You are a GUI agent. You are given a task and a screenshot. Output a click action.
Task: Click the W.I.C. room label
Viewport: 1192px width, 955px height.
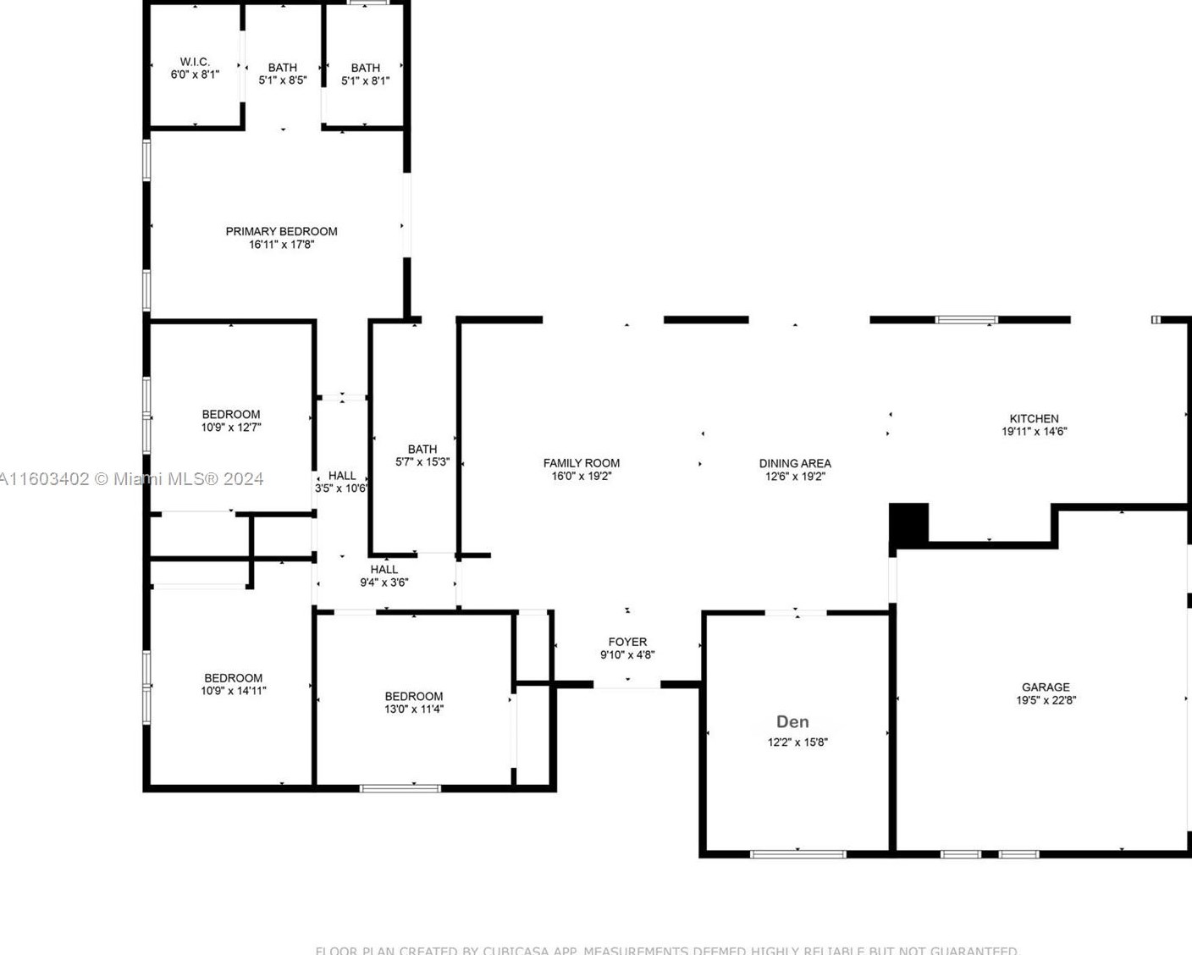[195, 62]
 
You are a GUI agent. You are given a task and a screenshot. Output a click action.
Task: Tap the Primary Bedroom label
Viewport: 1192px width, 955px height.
[281, 231]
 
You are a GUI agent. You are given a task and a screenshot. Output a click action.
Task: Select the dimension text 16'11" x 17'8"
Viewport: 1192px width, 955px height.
[281, 245]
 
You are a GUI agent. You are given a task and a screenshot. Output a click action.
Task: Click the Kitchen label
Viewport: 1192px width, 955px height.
[1034, 418]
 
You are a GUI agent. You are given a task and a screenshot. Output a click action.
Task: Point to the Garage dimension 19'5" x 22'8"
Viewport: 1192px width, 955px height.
[1046, 700]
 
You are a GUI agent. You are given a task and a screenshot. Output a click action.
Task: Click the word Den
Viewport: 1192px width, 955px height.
[792, 721]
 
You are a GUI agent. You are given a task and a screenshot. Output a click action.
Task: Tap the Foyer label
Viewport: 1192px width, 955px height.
[627, 642]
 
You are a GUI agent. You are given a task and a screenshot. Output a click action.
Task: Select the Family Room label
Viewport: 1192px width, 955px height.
[581, 463]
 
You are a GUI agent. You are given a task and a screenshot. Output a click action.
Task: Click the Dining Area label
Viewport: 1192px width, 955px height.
[794, 463]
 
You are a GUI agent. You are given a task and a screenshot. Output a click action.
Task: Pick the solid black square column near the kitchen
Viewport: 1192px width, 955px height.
[908, 523]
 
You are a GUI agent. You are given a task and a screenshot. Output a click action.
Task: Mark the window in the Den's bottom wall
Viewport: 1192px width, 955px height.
[797, 853]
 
